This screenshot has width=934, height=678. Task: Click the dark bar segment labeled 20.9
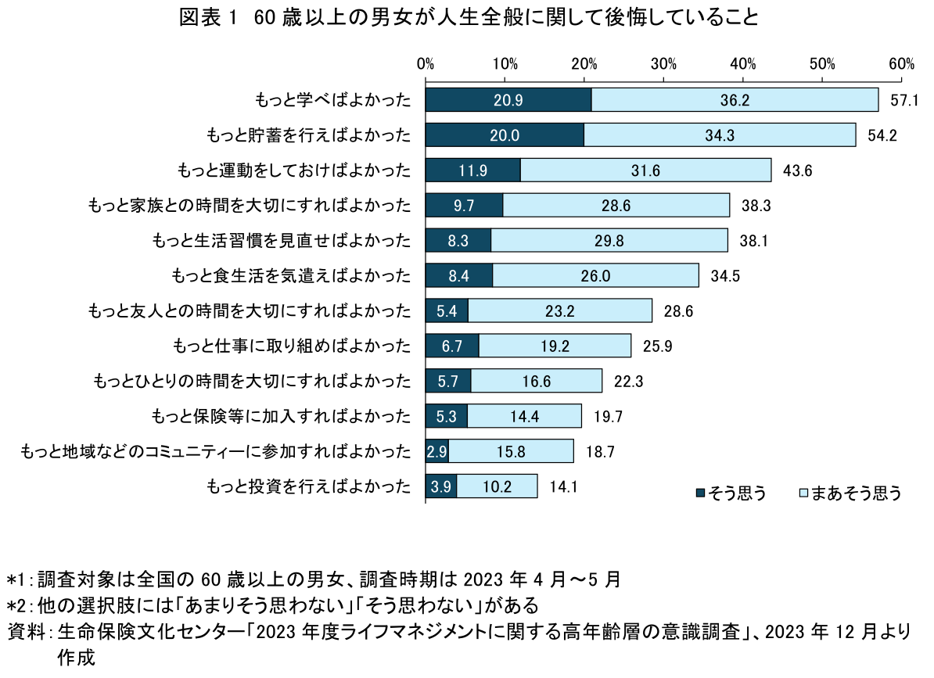[508, 100]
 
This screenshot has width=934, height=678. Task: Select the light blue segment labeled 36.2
[735, 100]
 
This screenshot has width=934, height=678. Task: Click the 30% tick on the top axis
[663, 63]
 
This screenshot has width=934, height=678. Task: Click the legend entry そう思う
[731, 493]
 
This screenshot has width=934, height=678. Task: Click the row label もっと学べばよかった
[332, 100]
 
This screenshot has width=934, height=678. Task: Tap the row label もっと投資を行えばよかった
[308, 486]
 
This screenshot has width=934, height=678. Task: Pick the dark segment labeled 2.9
[436, 451]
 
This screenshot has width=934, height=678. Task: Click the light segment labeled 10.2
[497, 486]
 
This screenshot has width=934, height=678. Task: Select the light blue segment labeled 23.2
[560, 310]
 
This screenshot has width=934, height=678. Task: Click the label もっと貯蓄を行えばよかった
[308, 135]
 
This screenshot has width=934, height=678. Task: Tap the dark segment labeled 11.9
[473, 170]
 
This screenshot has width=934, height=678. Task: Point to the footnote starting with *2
[273, 605]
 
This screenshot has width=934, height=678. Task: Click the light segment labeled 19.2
[555, 346]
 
